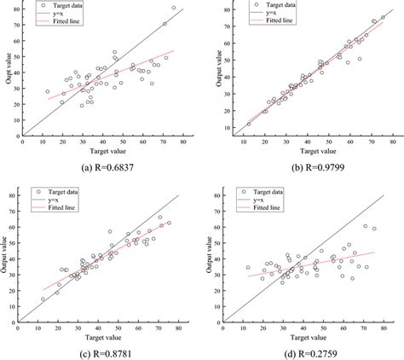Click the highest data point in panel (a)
(174, 8)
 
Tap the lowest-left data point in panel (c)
(43, 299)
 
